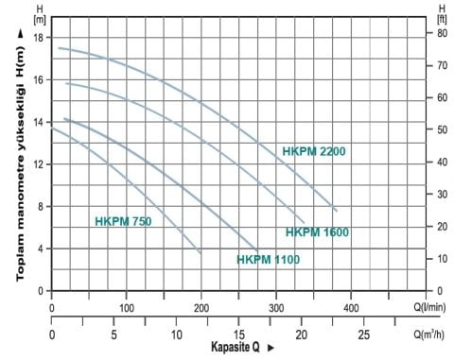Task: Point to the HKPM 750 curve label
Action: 123,222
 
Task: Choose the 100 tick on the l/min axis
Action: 127,308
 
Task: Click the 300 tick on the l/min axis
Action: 276,308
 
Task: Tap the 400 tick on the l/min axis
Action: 351,308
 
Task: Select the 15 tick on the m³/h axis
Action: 240,334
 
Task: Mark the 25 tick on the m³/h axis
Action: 364,334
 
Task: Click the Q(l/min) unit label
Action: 431,308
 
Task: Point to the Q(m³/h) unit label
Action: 431,334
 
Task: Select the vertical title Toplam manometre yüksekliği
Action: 18,164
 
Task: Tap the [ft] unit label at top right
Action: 440,17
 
